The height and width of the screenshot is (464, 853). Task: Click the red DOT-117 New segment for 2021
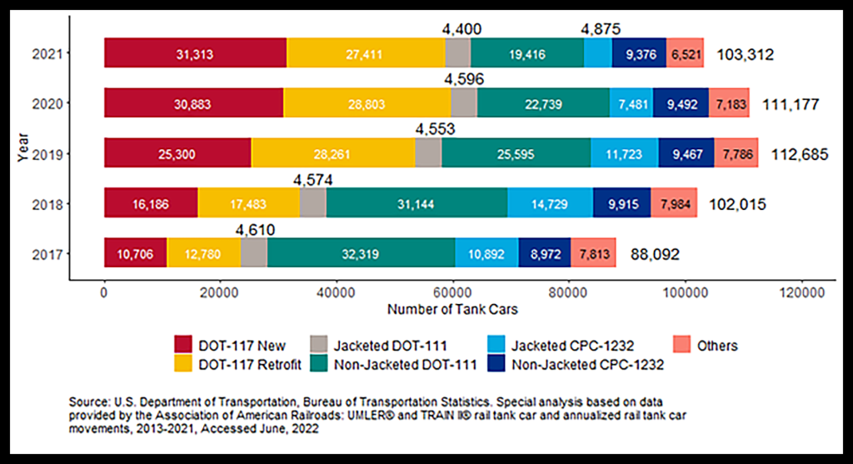(x=195, y=54)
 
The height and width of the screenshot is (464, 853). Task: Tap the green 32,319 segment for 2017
(x=362, y=254)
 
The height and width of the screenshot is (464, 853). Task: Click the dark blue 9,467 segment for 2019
(x=686, y=154)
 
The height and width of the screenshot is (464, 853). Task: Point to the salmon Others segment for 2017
(x=593, y=254)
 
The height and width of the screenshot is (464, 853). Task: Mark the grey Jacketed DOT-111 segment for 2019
(x=428, y=154)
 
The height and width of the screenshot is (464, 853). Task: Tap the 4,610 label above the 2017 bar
(x=255, y=230)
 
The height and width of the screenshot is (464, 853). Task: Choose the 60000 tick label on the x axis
(x=452, y=293)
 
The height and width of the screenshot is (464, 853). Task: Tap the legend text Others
(x=718, y=345)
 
